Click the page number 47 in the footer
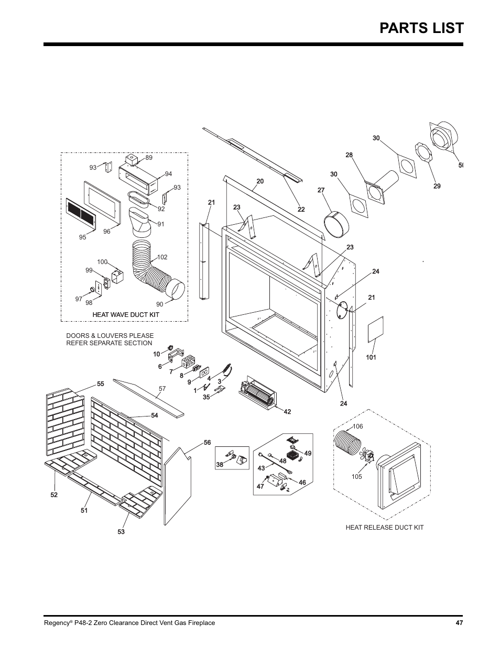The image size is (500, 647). pyautogui.click(x=459, y=623)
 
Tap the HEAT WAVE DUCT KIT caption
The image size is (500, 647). pyautogui.click(x=126, y=314)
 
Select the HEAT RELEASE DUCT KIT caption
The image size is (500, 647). pyautogui.click(x=384, y=528)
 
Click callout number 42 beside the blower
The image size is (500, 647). pyautogui.click(x=287, y=412)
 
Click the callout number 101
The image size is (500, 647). pyautogui.click(x=371, y=358)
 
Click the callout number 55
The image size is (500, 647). pyautogui.click(x=100, y=384)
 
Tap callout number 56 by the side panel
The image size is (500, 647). pyautogui.click(x=207, y=443)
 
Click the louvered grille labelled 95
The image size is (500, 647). pyautogui.click(x=81, y=214)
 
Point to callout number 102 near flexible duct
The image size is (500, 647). pyautogui.click(x=162, y=257)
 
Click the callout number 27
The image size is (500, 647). pyautogui.click(x=321, y=191)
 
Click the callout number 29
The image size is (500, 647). pyautogui.click(x=437, y=186)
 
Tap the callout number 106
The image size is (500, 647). pyautogui.click(x=358, y=427)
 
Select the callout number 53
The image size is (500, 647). pyautogui.click(x=121, y=532)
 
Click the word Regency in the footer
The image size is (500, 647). pyautogui.click(x=55, y=623)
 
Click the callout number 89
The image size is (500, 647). pyautogui.click(x=149, y=158)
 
